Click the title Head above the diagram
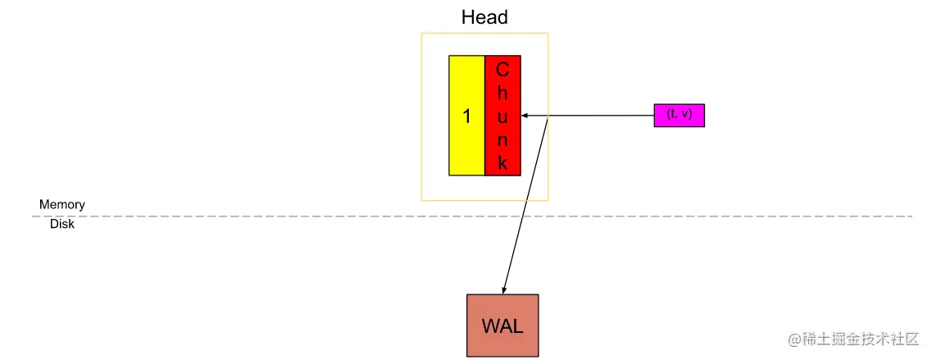(484, 17)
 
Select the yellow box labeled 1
(466, 116)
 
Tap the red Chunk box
(502, 116)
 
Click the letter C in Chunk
(502, 70)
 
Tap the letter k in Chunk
(502, 162)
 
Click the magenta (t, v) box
(679, 115)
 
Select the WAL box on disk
(502, 326)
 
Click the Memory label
(62, 204)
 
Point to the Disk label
(62, 224)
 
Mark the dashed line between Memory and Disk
(246, 216)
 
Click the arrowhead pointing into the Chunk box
(525, 116)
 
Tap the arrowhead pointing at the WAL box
(505, 289)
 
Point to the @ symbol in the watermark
(793, 339)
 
